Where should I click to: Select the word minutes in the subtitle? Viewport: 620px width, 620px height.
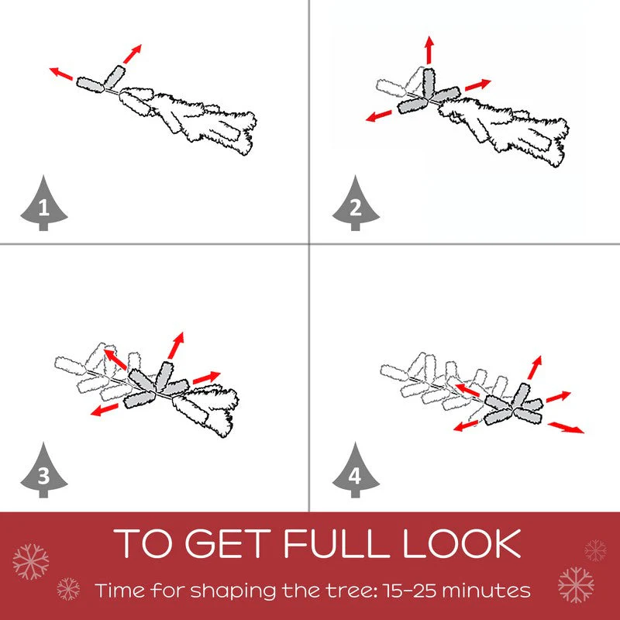tap(487, 591)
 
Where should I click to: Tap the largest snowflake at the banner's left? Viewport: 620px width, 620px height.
tap(30, 561)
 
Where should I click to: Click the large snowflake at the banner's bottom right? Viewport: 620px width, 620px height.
tap(576, 585)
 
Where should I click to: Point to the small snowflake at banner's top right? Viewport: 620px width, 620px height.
tap(595, 550)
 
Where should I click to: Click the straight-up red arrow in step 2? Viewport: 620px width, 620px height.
tap(429, 50)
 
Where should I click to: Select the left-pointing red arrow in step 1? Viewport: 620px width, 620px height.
tap(61, 74)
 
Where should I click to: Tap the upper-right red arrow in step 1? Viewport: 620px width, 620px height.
tap(133, 53)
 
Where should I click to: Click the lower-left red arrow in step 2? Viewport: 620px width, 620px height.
tap(378, 115)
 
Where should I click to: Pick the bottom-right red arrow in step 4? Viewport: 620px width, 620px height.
tap(566, 428)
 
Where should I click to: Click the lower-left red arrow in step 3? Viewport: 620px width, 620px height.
tap(105, 410)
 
